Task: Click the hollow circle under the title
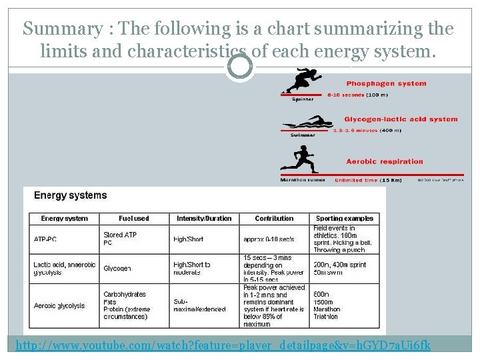click(239, 65)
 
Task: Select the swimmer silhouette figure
click(307, 123)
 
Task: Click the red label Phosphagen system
click(386, 84)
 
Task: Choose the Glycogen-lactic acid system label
click(401, 119)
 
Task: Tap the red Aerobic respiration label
click(385, 161)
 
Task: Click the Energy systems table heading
click(70, 195)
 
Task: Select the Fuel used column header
click(133, 218)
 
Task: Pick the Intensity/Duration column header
click(204, 218)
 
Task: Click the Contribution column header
click(274, 218)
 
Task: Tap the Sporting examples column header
click(344, 218)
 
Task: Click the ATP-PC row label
click(45, 239)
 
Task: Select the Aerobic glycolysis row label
click(59, 305)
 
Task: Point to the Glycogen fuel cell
click(117, 268)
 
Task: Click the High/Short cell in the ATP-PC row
click(188, 239)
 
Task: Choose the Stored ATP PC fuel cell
click(120, 239)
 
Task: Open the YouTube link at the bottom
click(223, 345)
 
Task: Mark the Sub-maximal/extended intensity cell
click(191, 305)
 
